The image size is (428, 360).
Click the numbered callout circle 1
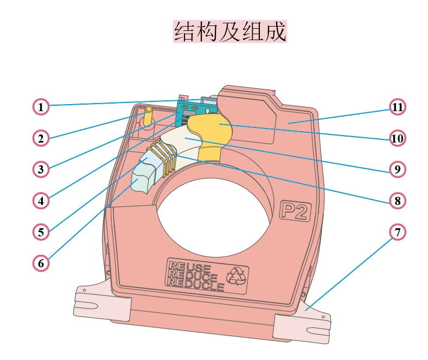[41, 107]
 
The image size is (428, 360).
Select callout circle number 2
[41, 138]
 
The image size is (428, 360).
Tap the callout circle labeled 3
[41, 169]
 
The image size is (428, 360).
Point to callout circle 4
[41, 201]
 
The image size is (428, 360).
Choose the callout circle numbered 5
[41, 232]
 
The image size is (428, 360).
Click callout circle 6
[41, 263]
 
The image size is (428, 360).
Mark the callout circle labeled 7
[398, 232]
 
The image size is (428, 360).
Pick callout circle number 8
[398, 201]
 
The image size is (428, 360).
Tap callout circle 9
[398, 169]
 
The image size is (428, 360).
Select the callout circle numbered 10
[398, 138]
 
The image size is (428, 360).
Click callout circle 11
[398, 107]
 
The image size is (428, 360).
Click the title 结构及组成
[229, 32]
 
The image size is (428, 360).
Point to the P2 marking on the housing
[295, 210]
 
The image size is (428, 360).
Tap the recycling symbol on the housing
[237, 276]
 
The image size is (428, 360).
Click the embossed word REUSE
[189, 267]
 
